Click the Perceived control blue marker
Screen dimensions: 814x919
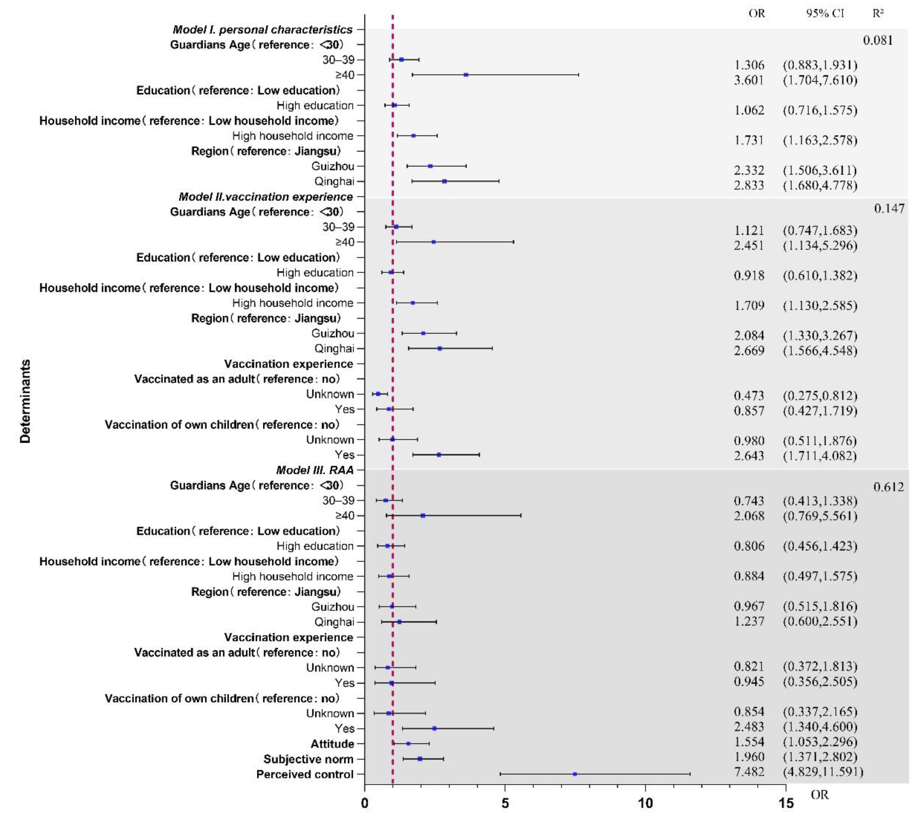[x=575, y=774]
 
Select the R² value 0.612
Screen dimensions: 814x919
[x=888, y=487]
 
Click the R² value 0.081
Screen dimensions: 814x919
[x=878, y=40]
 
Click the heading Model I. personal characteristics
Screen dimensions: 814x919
[x=263, y=30]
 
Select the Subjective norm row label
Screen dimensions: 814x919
[x=308, y=759]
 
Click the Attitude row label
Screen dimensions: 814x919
[x=332, y=744]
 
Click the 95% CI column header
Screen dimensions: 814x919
[x=825, y=13]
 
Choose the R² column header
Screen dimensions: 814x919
[x=878, y=13]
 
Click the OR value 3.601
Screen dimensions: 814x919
[x=749, y=80]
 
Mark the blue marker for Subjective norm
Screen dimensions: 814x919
[x=420, y=759]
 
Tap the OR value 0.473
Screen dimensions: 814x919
[x=749, y=395]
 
